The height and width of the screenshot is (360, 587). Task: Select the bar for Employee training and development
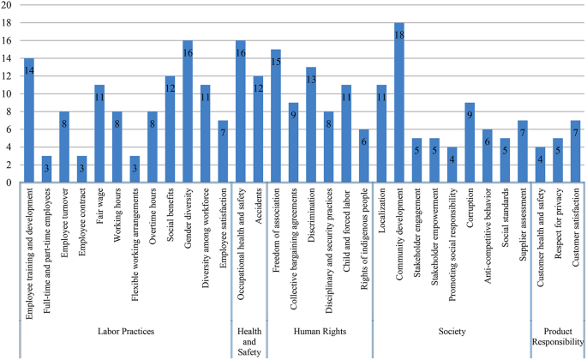[x=28, y=120]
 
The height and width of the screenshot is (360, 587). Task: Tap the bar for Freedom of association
[x=276, y=116]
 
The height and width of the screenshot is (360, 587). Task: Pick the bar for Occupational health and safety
[x=241, y=111]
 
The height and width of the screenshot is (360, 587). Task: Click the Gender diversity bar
[x=188, y=111]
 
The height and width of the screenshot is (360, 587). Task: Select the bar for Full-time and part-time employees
[x=46, y=169]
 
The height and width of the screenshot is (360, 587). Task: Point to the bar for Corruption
[x=470, y=142]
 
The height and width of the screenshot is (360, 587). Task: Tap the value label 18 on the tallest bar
[x=398, y=35]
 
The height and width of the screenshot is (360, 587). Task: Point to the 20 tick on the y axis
[x=7, y=5]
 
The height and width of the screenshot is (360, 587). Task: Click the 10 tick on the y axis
[x=7, y=93]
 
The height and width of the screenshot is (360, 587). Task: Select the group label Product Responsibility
[x=558, y=336]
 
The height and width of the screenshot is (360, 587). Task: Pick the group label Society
[x=452, y=331]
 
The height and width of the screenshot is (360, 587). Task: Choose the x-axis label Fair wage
[x=99, y=207]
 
